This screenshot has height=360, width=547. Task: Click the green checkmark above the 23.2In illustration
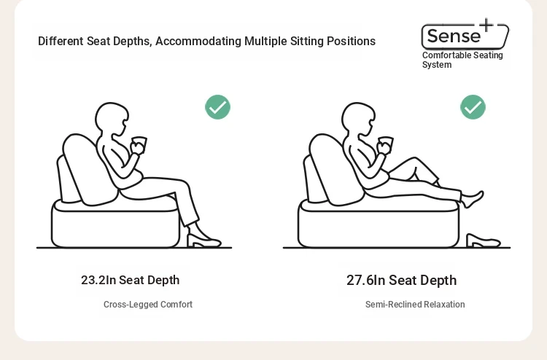[217, 107]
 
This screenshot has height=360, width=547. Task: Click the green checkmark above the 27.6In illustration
[473, 107]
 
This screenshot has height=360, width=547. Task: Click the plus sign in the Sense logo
[486, 25]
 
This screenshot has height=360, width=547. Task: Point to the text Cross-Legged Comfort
[148, 305]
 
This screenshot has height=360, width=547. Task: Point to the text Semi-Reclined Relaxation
[415, 305]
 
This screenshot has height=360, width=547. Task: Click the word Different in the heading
[61, 41]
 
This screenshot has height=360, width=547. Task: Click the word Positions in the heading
[351, 41]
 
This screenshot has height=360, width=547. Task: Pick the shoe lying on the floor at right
[484, 240]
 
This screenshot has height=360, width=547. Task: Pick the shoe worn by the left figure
[203, 238]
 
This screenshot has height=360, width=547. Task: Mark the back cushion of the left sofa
[88, 170]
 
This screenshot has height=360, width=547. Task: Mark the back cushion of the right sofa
[334, 170]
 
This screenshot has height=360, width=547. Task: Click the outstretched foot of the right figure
[473, 199]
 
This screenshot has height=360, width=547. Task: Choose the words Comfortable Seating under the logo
[462, 55]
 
